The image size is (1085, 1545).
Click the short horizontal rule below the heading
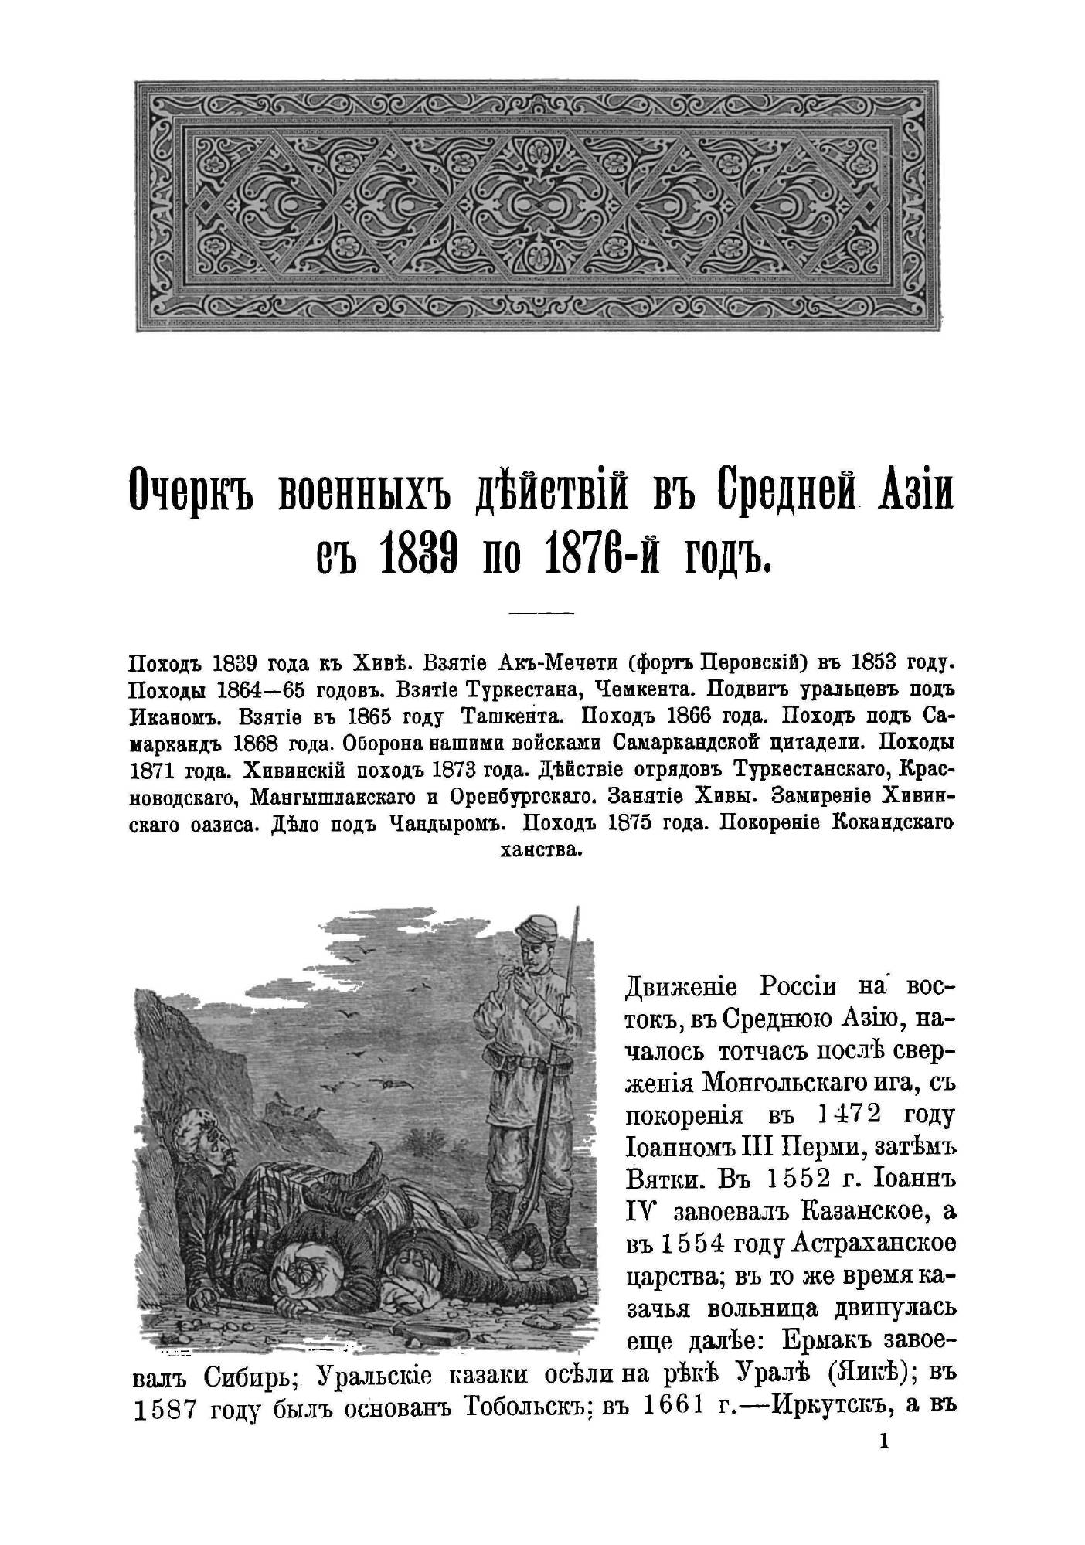(x=541, y=614)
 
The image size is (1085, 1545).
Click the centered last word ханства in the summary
(x=541, y=850)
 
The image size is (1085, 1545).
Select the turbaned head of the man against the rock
(x=200, y=1127)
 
